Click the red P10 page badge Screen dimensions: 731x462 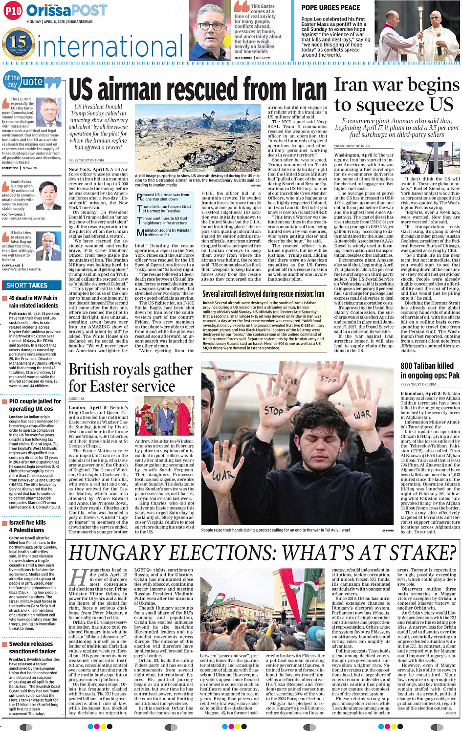[13, 11]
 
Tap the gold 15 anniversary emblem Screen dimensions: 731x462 [18, 43]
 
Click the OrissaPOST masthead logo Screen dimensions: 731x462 [66, 10]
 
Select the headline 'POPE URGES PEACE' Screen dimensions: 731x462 [330, 8]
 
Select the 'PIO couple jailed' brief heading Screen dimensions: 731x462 [35, 401]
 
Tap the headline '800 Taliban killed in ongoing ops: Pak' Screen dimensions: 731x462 [430, 370]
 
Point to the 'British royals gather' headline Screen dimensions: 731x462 [131, 369]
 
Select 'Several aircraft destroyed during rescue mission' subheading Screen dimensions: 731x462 [263, 294]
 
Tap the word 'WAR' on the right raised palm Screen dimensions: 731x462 [362, 415]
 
